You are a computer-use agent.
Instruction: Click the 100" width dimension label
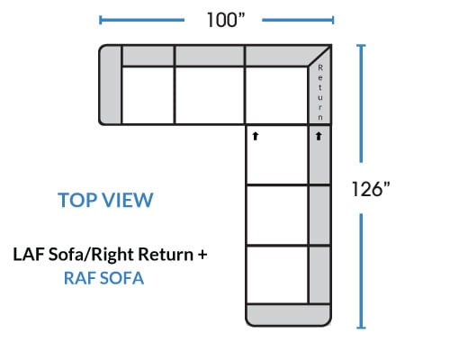coord(226,20)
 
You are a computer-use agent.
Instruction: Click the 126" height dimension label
coord(371,189)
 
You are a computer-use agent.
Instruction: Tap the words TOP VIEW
coord(105,200)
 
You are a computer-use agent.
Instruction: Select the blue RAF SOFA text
coord(103,278)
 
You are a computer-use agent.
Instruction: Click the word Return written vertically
coord(320,93)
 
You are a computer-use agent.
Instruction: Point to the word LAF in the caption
coord(29,254)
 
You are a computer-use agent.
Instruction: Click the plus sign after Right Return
coord(202,255)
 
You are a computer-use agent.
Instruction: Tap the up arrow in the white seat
coord(256,136)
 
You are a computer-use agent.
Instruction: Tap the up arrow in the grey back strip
coord(319,136)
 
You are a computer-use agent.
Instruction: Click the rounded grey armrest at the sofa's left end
coord(110,85)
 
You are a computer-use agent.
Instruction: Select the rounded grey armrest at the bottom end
coord(288,315)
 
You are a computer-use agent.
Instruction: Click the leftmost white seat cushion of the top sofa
coord(148,95)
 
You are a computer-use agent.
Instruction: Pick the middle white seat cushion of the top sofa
coord(210,95)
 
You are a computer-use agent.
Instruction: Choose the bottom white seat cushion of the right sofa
coord(277,274)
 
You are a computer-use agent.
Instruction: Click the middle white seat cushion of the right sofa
coord(277,215)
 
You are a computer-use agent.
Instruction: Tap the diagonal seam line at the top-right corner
coord(319,55)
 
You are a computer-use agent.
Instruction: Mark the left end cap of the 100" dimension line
coord(100,20)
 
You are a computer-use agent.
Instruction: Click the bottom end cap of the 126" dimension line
coord(361,328)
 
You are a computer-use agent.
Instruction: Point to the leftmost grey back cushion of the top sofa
coord(148,56)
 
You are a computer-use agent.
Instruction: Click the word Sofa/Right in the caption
coord(91,255)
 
